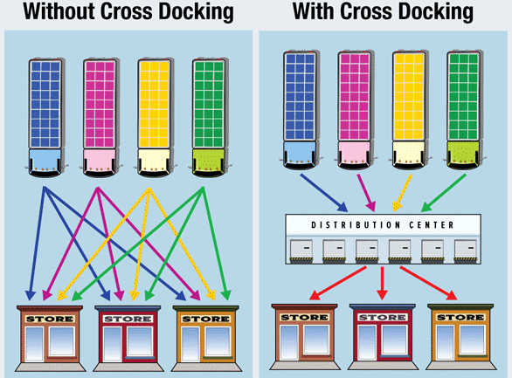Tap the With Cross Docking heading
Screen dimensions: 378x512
[383, 12]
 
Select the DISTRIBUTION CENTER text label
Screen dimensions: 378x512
[383, 225]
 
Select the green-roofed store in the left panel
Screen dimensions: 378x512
[206, 336]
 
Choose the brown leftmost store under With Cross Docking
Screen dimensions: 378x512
[305, 336]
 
